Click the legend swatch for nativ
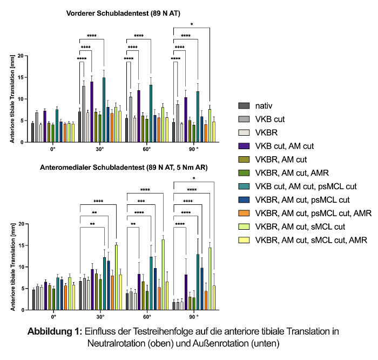tap(244, 106)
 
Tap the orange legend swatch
tap(244, 214)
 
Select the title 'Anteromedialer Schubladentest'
tap(123, 168)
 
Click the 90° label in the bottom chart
tap(194, 317)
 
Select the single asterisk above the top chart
tap(193, 24)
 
